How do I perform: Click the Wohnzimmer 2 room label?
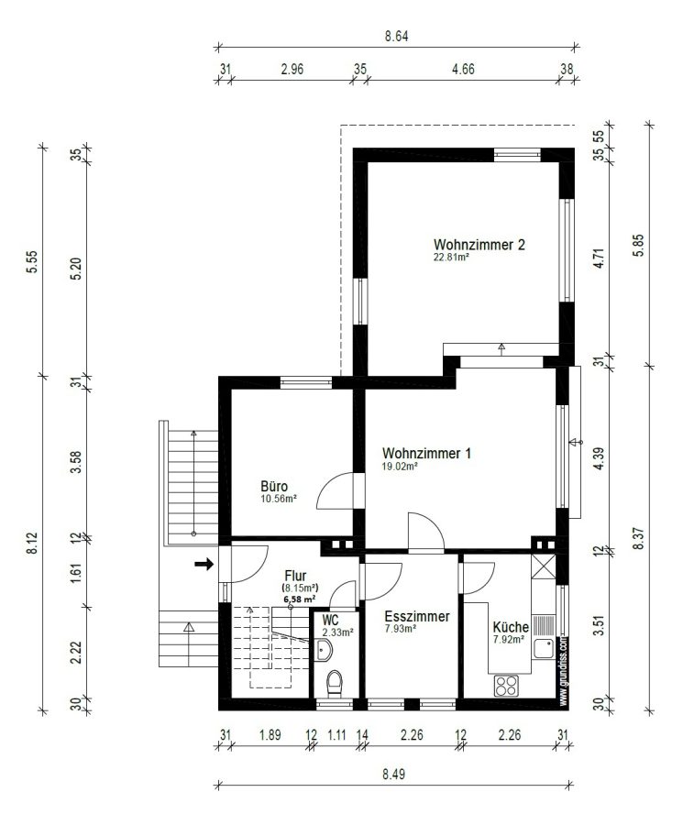479,245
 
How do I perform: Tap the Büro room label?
274,486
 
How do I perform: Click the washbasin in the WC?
325,650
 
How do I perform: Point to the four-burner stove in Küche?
506,686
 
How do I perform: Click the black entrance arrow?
204,565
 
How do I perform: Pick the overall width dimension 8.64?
396,37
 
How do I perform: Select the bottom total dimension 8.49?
394,774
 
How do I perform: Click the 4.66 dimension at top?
463,69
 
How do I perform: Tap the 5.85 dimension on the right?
638,245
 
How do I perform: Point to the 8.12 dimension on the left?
33,543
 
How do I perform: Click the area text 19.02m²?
400,466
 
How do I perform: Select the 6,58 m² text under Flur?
300,599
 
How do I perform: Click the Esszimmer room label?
417,616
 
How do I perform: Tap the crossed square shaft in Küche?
543,566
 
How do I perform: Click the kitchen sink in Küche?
544,648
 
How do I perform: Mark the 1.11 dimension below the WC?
336,734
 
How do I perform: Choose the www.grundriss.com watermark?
563,670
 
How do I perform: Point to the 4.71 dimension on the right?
599,258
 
